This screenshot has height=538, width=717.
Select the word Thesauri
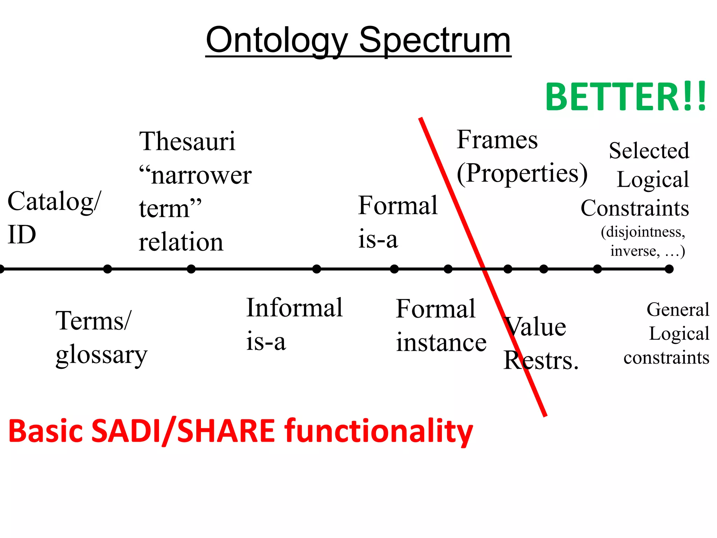click(x=187, y=141)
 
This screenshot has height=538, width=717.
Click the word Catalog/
click(x=54, y=202)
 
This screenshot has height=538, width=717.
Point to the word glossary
click(x=102, y=355)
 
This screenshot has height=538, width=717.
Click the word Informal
click(x=294, y=308)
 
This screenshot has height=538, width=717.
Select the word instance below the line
click(x=441, y=343)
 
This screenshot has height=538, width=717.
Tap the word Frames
click(x=497, y=140)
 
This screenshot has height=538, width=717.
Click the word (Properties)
click(x=522, y=173)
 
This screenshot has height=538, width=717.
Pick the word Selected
click(x=649, y=151)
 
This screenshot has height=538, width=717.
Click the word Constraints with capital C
click(x=635, y=208)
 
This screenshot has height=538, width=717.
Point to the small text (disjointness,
click(x=643, y=232)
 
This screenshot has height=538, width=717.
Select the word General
click(x=677, y=310)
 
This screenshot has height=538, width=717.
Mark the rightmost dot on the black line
click(x=669, y=269)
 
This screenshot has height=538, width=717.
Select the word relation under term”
click(x=181, y=242)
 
